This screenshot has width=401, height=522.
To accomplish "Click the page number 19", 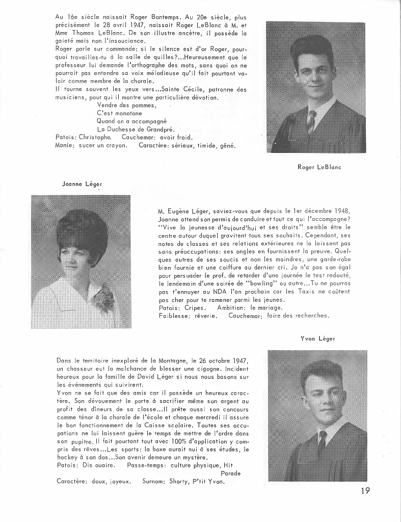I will click(363, 491).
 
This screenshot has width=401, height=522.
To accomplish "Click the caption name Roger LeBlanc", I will click(319, 167).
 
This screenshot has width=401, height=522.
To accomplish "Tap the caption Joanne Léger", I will click(78, 184).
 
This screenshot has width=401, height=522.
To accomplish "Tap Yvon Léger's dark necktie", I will click(322, 441).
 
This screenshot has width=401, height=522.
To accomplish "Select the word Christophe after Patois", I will click(96, 137).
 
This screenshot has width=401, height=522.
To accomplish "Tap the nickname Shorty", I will click(178, 481).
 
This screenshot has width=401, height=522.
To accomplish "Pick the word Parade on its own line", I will click(230, 473).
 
